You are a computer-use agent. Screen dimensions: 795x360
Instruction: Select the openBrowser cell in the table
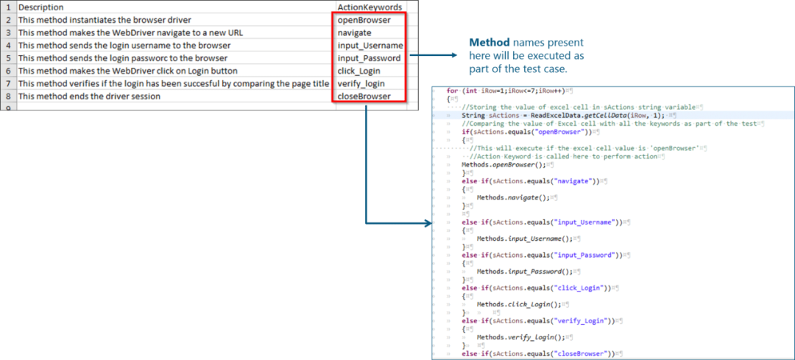pyautogui.click(x=364, y=20)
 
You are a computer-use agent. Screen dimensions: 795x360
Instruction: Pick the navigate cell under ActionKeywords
pyautogui.click(x=355, y=33)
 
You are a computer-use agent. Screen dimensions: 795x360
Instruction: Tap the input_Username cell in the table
pyautogui.click(x=370, y=46)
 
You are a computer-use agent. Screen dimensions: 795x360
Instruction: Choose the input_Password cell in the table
pyautogui.click(x=369, y=58)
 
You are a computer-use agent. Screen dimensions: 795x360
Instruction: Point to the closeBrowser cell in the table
pyautogui.click(x=364, y=96)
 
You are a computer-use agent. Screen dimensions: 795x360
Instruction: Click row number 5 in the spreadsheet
pyautogui.click(x=7, y=58)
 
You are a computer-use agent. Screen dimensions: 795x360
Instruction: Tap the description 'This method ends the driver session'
pyautogui.click(x=89, y=96)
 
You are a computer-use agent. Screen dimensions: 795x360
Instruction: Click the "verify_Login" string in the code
pyautogui.click(x=582, y=321)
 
